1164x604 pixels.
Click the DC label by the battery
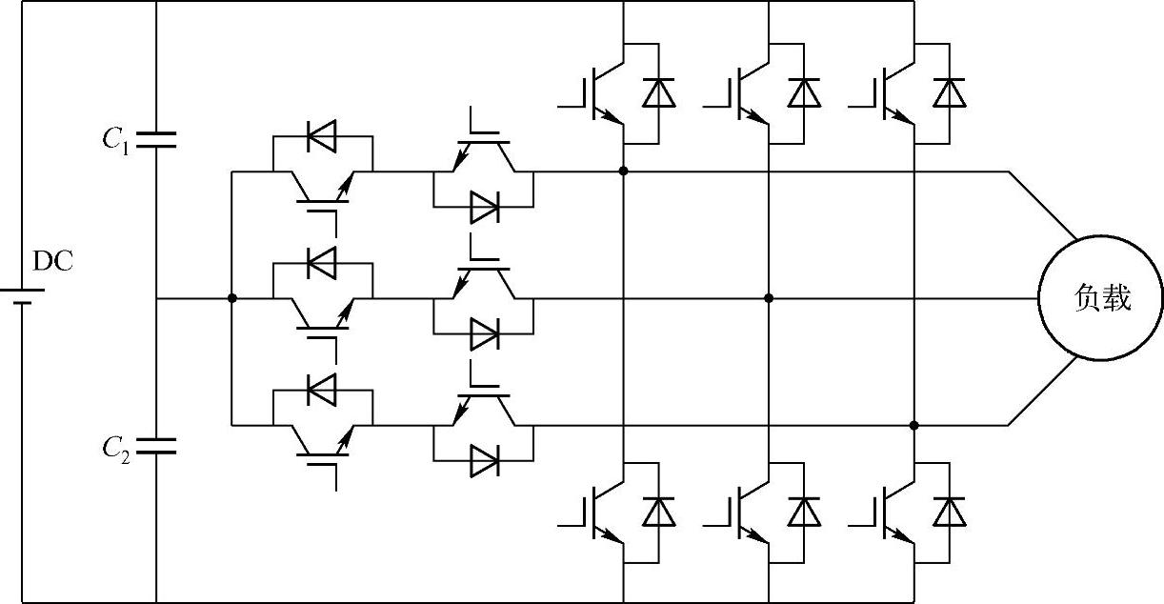click(52, 260)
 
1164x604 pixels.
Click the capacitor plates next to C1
click(155, 141)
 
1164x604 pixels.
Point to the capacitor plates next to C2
click(155, 445)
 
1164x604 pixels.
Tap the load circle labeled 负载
click(1100, 299)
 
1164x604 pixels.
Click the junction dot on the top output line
click(623, 171)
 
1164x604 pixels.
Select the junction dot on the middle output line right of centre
click(769, 298)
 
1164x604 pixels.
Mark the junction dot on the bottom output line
click(913, 425)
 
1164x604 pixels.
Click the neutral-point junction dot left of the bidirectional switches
click(231, 298)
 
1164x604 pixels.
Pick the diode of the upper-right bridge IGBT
click(949, 92)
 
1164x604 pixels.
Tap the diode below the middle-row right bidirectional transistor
click(484, 333)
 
